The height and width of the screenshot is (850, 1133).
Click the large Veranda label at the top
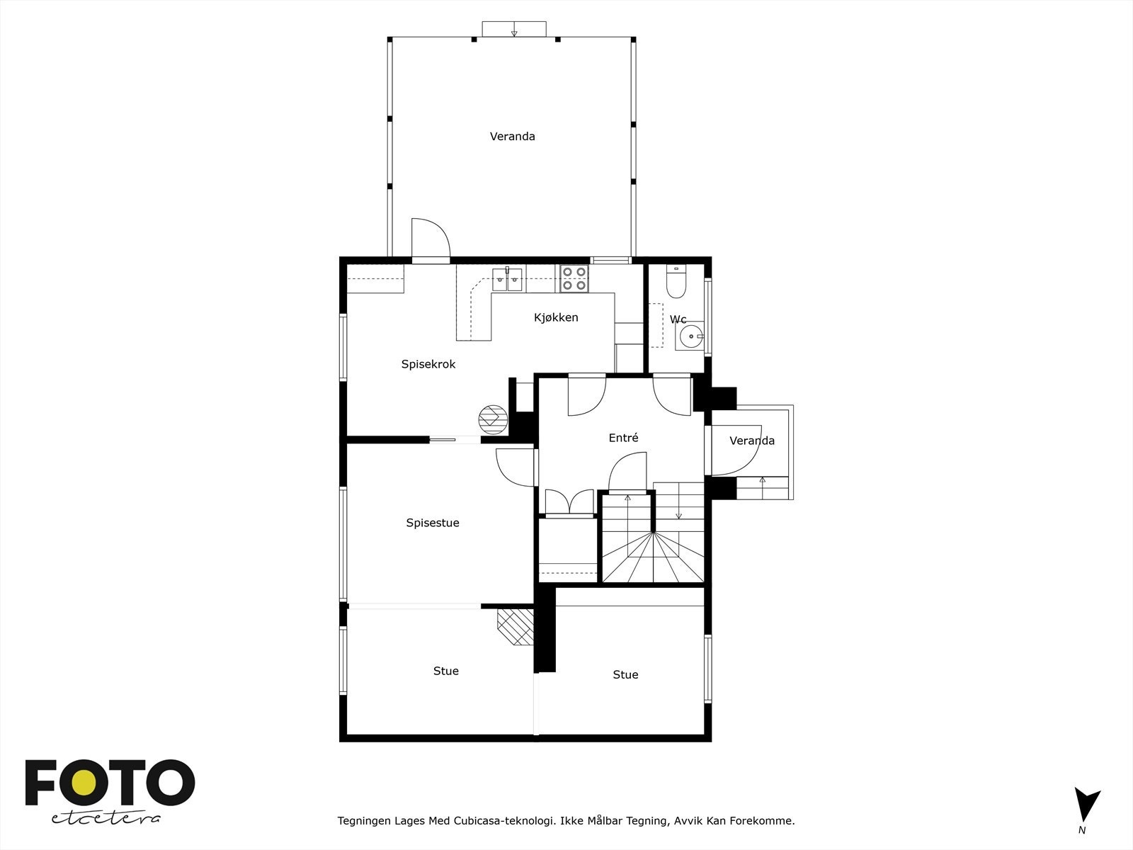point(512,136)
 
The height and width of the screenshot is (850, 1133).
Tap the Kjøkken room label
point(556,317)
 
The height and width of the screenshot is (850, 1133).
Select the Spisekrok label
point(428,364)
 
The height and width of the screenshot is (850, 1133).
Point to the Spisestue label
point(433,523)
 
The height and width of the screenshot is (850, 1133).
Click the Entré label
point(623,438)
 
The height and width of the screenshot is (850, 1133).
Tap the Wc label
point(678,319)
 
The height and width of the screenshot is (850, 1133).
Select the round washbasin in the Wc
point(688,336)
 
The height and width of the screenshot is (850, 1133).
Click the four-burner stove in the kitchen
point(574,278)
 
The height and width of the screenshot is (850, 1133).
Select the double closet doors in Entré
point(569,501)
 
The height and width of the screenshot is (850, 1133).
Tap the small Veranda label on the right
point(751,441)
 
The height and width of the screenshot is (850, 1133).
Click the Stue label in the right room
point(625,674)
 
